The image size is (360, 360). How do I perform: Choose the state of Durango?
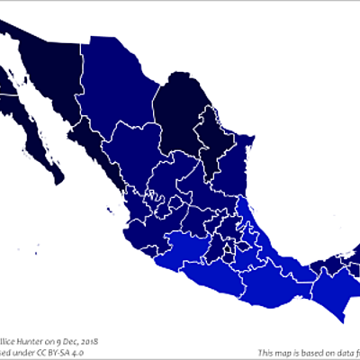[135, 153]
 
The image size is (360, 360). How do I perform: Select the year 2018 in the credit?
[87, 342]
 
